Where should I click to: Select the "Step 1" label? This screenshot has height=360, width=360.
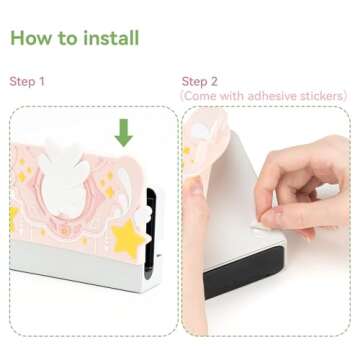(28, 81)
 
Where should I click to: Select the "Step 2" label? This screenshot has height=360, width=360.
(200, 81)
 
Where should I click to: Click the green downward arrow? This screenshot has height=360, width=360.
(124, 132)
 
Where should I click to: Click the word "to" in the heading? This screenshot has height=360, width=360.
(67, 38)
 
